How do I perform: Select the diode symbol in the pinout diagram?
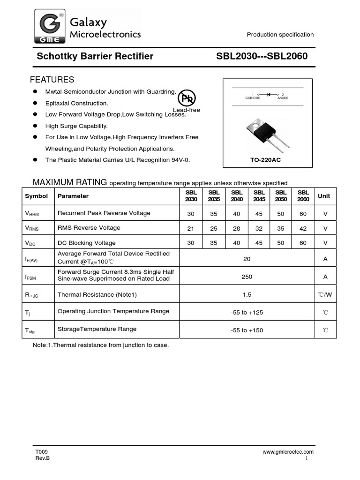coord(269,94)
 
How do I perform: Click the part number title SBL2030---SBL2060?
coord(262,57)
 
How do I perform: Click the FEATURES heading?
coord(52,80)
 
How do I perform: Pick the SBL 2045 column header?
coord(259,195)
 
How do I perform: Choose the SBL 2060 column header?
coord(303,195)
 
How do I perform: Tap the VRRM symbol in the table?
coord(32,213)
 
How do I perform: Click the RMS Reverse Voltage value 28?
coord(237,228)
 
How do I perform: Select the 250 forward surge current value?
coord(247,277)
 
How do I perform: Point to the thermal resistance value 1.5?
coord(247,295)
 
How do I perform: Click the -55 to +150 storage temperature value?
coord(247,330)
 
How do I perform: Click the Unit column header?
coord(324,196)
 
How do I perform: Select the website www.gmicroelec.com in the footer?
coord(288,452)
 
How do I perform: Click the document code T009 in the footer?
coord(41,452)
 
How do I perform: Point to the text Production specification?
coord(280,35)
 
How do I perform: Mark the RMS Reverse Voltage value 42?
coord(303,228)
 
